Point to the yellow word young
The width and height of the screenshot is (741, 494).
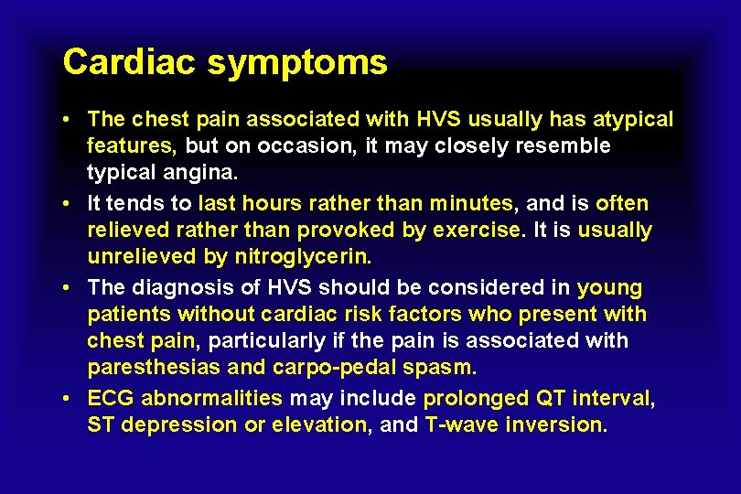[x=610, y=288]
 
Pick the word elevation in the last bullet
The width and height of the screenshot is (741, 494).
[x=321, y=424]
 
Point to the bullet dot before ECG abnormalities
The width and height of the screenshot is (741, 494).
[x=69, y=399]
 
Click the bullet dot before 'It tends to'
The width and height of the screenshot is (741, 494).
[x=69, y=204]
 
